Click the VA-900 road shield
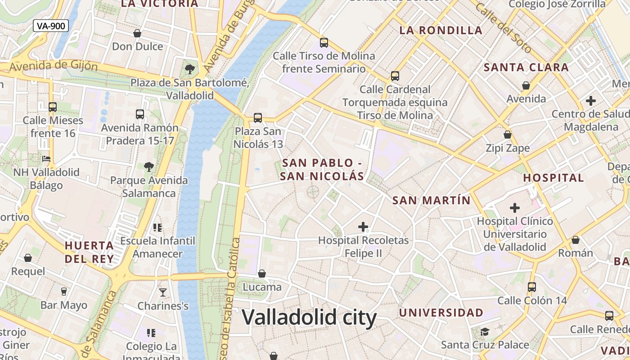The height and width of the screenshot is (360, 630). click(x=51, y=26)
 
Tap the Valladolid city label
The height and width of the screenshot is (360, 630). click(x=309, y=318)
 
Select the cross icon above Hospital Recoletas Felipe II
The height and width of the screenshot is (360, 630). click(x=363, y=227)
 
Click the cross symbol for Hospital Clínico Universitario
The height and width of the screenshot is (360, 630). click(x=515, y=208)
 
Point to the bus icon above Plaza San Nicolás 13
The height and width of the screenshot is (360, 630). click(x=258, y=118)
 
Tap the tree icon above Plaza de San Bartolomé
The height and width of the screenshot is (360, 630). click(x=190, y=69)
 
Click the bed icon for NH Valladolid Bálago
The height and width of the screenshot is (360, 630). click(x=46, y=158)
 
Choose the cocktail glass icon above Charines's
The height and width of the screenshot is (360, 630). click(x=163, y=292)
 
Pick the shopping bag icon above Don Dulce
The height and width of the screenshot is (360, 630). click(x=137, y=33)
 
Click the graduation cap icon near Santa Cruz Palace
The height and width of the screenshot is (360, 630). click(x=485, y=332)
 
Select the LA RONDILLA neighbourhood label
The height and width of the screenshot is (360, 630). click(x=441, y=31)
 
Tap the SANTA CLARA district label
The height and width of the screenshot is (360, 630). click(x=526, y=67)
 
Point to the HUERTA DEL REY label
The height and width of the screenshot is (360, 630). click(x=89, y=252)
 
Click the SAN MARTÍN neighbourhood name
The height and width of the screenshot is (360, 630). click(x=431, y=200)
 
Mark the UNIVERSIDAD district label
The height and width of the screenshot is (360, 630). click(x=441, y=312)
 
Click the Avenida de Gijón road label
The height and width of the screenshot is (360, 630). click(x=53, y=66)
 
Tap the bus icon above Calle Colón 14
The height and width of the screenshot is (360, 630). click(x=532, y=287)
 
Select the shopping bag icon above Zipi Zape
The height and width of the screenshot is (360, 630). click(x=508, y=135)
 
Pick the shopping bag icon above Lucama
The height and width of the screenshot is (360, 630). click(x=262, y=274)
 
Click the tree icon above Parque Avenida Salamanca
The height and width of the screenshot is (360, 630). click(x=149, y=167)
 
